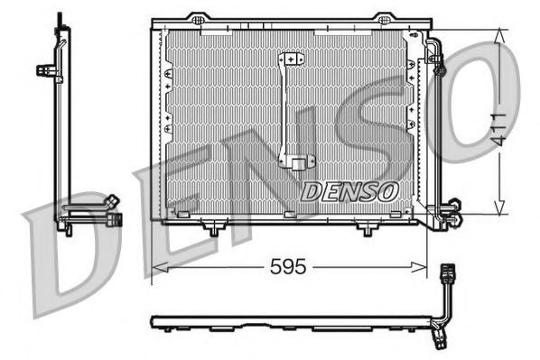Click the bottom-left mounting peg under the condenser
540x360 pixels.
click(212, 230)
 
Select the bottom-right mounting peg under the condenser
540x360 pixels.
click(366, 230)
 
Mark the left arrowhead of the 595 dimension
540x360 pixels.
click(156, 267)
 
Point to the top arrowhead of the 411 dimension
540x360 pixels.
click(501, 33)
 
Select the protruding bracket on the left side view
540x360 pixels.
click(43, 69)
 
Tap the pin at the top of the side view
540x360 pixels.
click(60, 20)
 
